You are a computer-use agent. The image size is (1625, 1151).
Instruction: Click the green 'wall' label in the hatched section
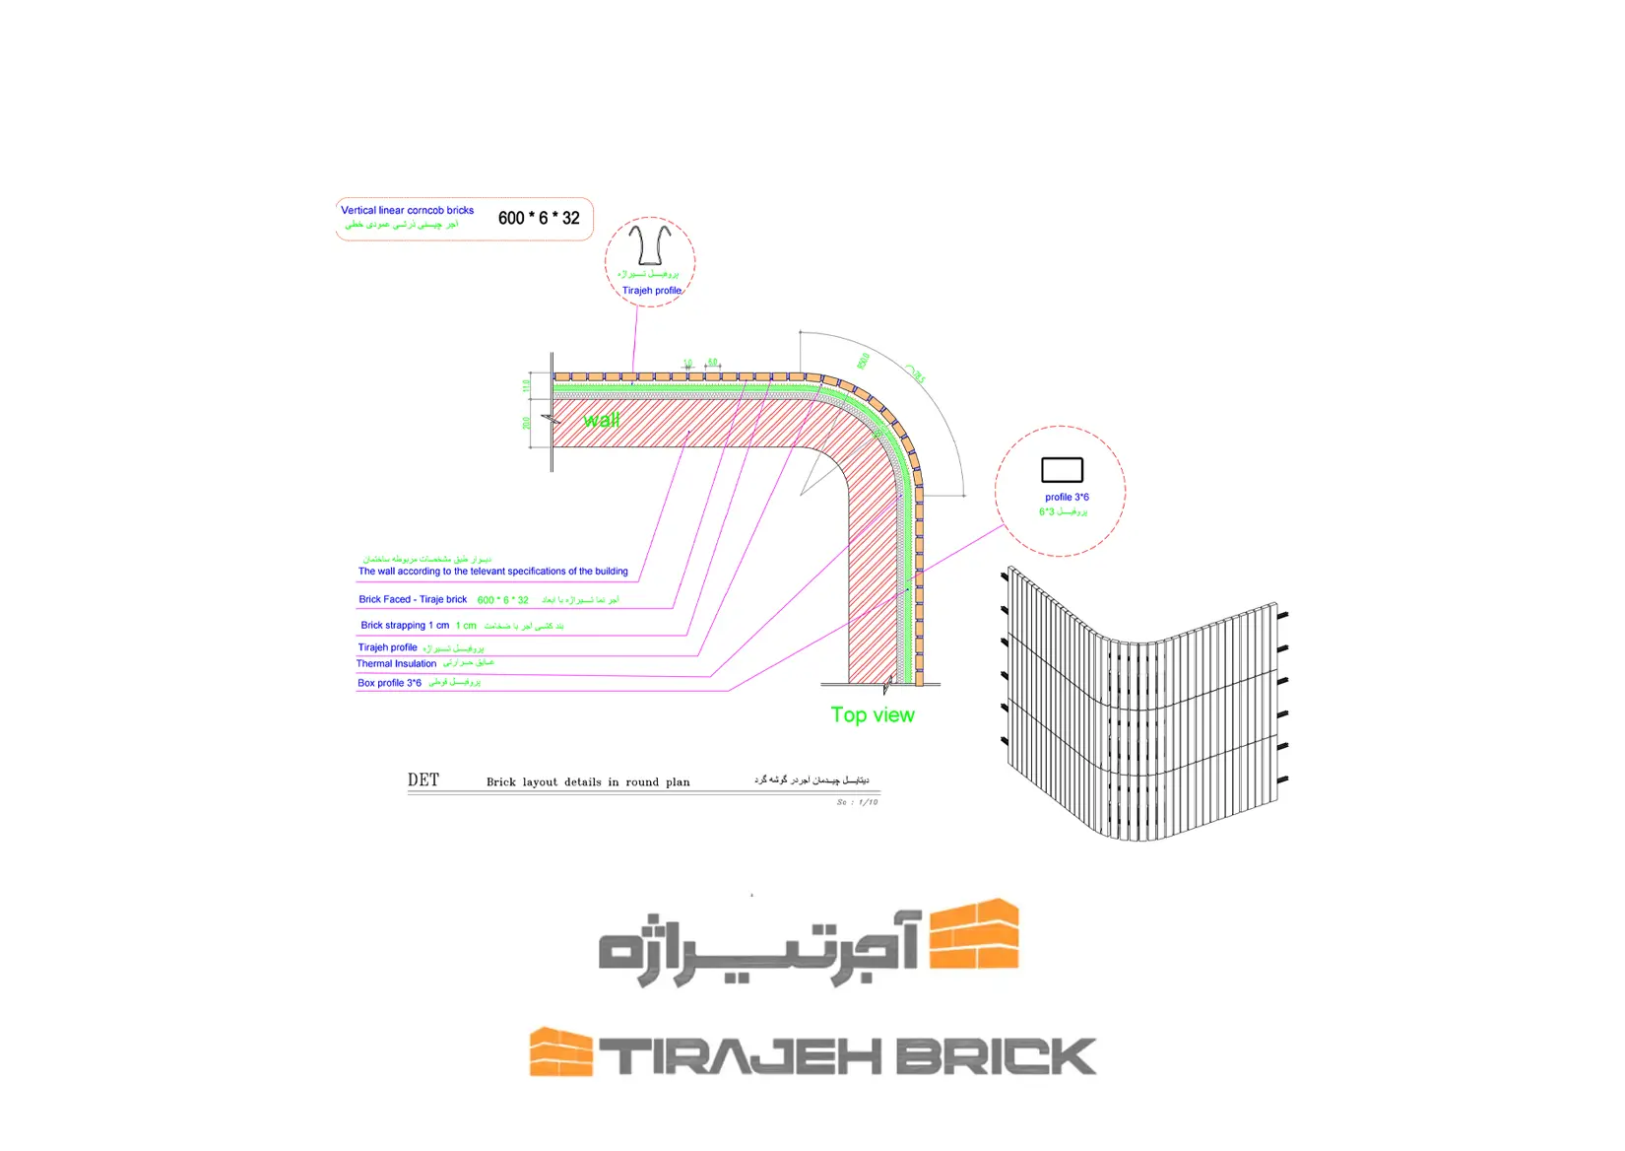tap(601, 420)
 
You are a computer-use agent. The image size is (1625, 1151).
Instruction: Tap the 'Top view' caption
tap(872, 715)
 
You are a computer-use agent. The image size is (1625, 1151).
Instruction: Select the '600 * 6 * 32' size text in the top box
tap(539, 218)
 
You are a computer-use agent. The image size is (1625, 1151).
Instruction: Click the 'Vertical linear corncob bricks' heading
tap(407, 210)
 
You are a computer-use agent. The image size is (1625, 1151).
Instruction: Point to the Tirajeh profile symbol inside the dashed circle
tap(650, 245)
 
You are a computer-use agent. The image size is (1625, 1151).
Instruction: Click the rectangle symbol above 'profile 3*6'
tap(1062, 470)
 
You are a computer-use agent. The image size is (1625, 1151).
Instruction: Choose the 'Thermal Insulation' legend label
tap(396, 664)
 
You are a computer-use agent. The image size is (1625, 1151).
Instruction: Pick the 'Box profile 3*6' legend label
tap(389, 683)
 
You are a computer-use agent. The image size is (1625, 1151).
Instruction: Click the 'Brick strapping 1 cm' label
tap(405, 626)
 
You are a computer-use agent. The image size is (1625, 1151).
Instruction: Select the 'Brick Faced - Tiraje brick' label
tap(413, 599)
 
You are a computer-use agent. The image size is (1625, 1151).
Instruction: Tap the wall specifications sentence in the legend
tap(492, 572)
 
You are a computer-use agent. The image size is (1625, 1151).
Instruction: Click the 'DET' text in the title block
tap(423, 780)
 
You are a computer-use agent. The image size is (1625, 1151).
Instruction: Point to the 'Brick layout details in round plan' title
tap(588, 782)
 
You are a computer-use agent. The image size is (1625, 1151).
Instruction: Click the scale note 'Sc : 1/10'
tap(857, 802)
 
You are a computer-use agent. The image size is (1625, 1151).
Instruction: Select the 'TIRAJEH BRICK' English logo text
tap(848, 1056)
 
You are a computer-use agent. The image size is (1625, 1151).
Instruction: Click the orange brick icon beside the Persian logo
tap(974, 933)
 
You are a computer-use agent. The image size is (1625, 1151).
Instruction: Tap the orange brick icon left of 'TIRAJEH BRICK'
tap(560, 1052)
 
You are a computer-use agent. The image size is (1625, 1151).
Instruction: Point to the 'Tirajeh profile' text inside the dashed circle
tap(651, 291)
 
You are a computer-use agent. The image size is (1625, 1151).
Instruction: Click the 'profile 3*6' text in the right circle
tap(1067, 498)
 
